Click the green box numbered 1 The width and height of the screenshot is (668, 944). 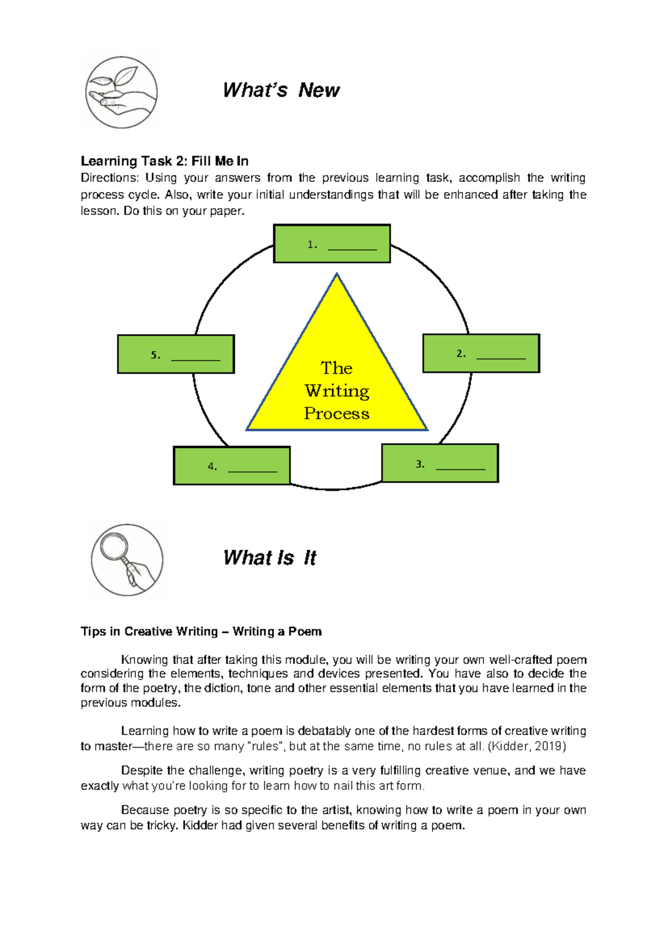(x=332, y=244)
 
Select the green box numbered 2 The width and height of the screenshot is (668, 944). (x=481, y=353)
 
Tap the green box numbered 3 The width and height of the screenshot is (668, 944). (x=440, y=463)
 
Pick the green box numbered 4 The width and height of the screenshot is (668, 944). (x=232, y=466)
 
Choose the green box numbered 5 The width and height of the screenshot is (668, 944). (x=176, y=354)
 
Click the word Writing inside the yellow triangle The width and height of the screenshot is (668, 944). (x=337, y=391)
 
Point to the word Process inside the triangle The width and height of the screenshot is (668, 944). (x=337, y=414)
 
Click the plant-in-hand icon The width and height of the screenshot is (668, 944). (x=121, y=92)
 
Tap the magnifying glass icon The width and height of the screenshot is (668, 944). (x=126, y=559)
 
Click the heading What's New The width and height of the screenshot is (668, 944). (x=281, y=90)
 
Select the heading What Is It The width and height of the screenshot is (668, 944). (x=269, y=558)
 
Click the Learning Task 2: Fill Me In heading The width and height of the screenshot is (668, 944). (x=164, y=161)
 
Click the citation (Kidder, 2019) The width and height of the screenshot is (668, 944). (x=527, y=746)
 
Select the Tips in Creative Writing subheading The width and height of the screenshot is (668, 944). (x=201, y=631)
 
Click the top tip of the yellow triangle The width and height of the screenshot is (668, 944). (x=337, y=274)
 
